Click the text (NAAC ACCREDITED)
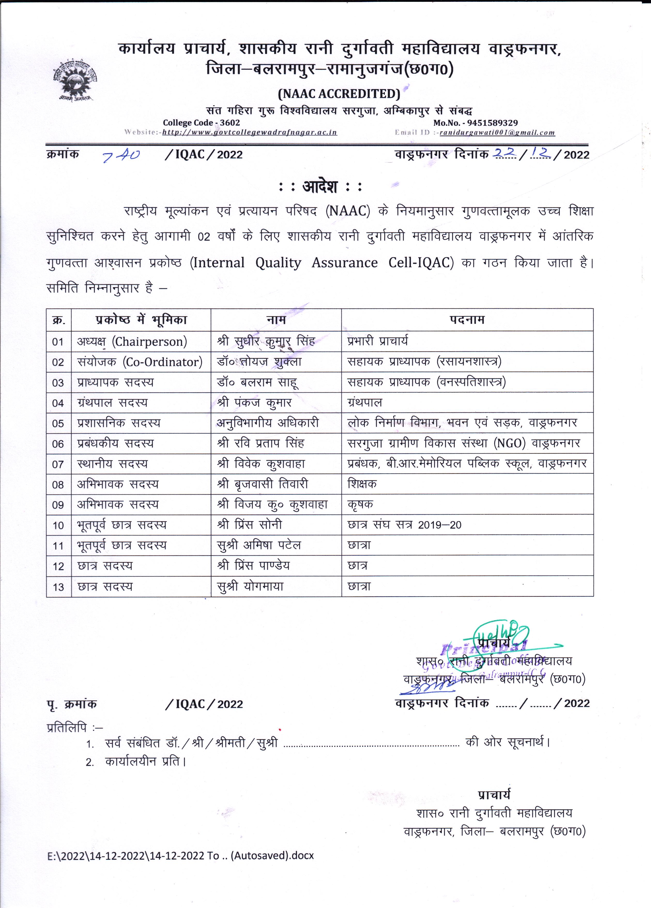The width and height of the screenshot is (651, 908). [339, 94]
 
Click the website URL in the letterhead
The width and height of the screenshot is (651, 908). [249, 132]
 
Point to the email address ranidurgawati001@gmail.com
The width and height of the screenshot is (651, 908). [497, 132]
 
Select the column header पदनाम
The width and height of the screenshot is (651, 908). [467, 319]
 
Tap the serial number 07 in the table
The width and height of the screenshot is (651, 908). [58, 464]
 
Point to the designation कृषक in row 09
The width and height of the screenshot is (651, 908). [360, 504]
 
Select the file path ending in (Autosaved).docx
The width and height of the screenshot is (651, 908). [180, 856]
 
